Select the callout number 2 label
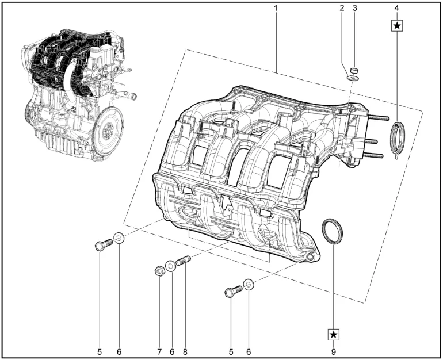341,8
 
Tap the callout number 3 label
354,8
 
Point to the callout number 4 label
397,8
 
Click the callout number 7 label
159,351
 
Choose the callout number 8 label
185,351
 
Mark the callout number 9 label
334,351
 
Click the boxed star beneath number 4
397,25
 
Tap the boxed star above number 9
334,334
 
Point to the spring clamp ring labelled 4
397,139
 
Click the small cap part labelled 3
355,69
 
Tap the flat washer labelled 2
353,77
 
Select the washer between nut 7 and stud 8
171,266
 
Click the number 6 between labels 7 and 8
171,351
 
